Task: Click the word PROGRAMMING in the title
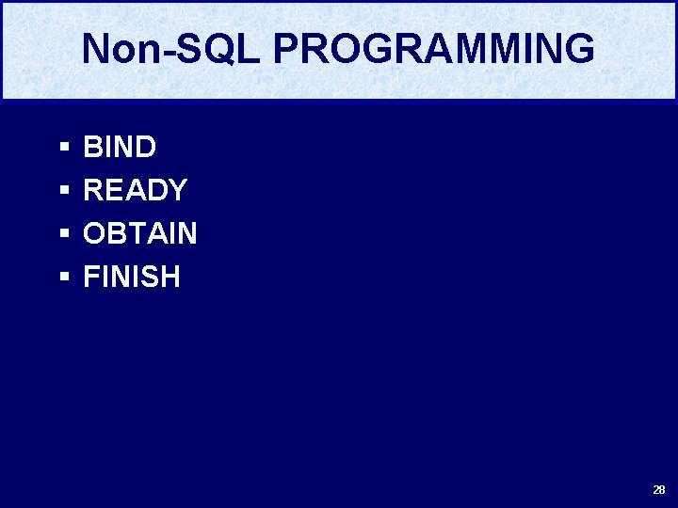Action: (x=434, y=49)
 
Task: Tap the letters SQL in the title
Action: (x=214, y=49)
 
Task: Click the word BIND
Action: (x=120, y=148)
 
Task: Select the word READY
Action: (x=136, y=191)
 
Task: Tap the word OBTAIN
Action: (x=140, y=234)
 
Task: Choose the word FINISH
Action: (x=132, y=278)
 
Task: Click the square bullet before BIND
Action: (x=64, y=149)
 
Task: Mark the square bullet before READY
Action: (x=64, y=192)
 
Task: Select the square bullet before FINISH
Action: (x=64, y=278)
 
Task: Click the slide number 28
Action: (x=658, y=490)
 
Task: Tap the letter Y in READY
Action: (x=177, y=191)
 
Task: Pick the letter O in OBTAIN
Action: (x=95, y=234)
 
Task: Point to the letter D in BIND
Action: (x=145, y=148)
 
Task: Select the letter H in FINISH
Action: (x=169, y=278)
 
